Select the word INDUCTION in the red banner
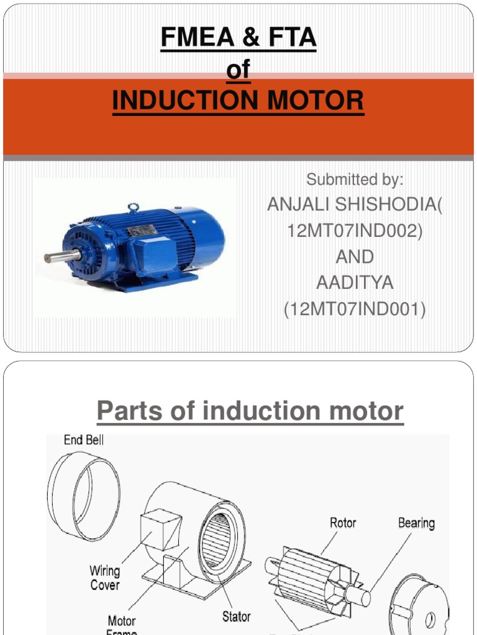[187, 100]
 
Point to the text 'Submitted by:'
[355, 180]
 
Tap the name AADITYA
[355, 283]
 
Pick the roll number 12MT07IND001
[355, 308]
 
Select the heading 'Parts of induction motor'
[250, 411]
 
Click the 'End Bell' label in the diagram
[84, 440]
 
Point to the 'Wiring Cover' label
[104, 577]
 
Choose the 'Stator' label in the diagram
[237, 616]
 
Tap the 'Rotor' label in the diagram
[343, 523]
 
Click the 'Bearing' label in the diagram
[416, 523]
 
